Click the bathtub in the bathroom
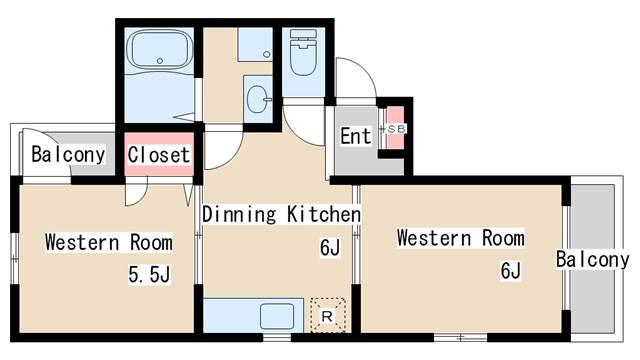160,49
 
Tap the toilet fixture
303,52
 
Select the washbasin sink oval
259,99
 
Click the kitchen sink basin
277,316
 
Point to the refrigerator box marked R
328,315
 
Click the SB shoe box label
396,129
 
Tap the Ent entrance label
356,136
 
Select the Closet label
159,155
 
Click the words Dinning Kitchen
281,214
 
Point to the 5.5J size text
149,274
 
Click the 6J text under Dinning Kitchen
330,247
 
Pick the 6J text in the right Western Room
511,270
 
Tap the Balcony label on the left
68,155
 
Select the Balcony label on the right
592,260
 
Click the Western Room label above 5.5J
109,242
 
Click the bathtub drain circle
160,61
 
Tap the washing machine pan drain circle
267,54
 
